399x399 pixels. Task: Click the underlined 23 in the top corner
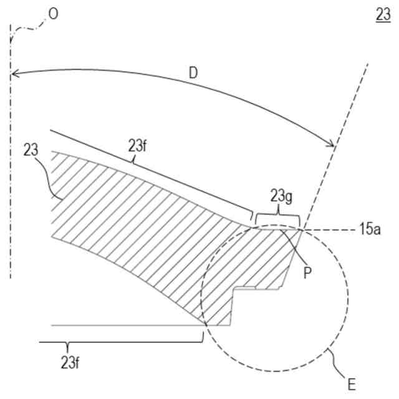click(x=382, y=14)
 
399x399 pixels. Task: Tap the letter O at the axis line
click(x=53, y=14)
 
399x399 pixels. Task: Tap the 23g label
click(x=280, y=197)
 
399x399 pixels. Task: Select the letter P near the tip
click(x=307, y=272)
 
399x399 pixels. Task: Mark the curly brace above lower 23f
click(x=120, y=342)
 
